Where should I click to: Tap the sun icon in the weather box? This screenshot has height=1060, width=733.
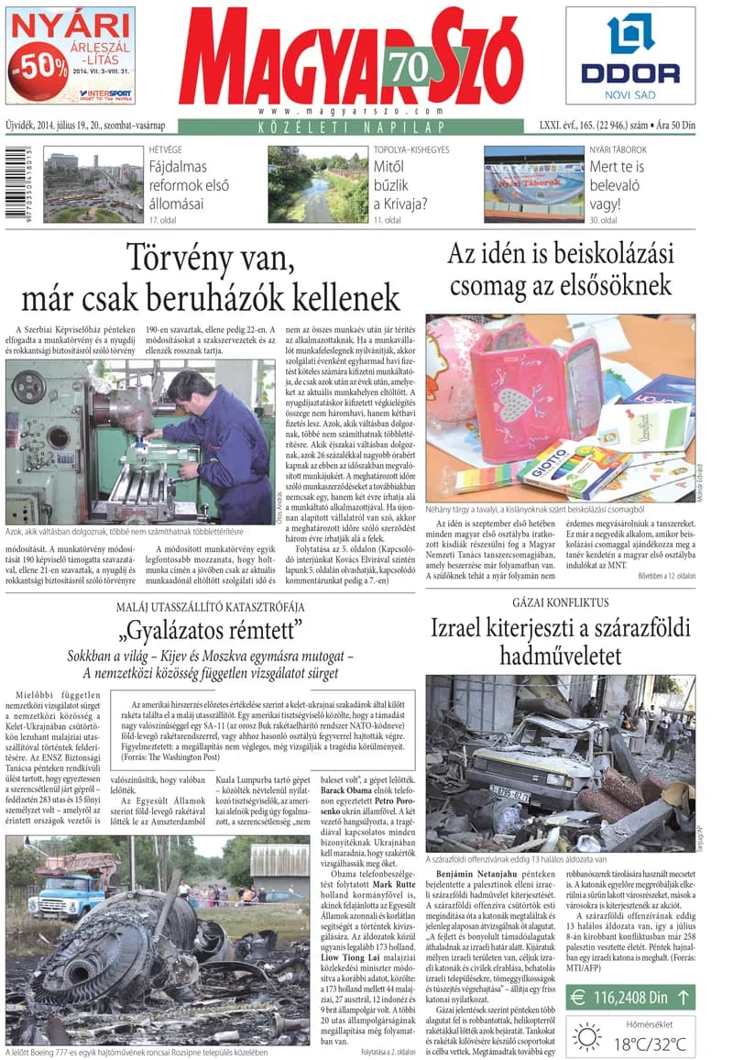click(x=586, y=1036)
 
